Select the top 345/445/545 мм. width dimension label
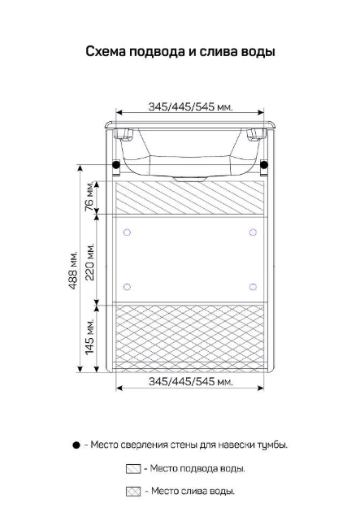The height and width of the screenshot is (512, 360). tap(191, 106)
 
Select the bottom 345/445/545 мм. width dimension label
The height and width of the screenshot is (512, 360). tap(191, 381)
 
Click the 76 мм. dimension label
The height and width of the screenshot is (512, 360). tap(89, 196)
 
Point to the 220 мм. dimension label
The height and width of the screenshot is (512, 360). tap(89, 261)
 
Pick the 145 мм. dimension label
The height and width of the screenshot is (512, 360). tap(89, 336)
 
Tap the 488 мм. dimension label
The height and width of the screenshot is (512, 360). tap(73, 270)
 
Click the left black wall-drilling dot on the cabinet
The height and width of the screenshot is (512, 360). tap(116, 165)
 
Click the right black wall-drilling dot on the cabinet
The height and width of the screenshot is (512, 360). tap(264, 165)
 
